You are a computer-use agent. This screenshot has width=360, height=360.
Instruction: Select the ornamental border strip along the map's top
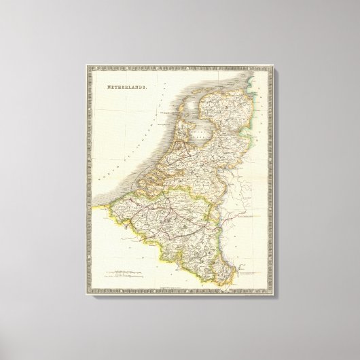pos(181,69)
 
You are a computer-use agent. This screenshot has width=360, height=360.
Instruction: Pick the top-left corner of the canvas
pos(82,62)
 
